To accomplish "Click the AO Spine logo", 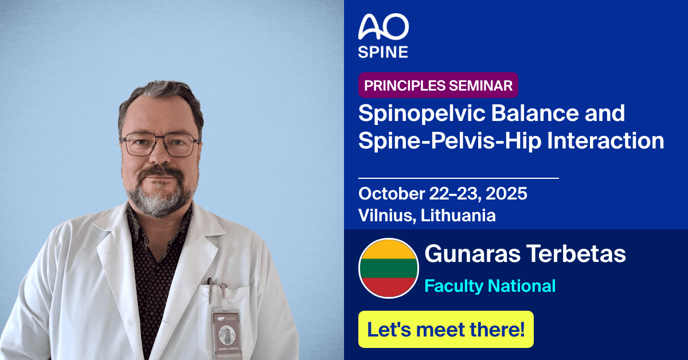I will [x=383, y=36].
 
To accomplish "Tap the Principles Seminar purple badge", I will [x=439, y=86].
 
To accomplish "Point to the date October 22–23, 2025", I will [x=443, y=194].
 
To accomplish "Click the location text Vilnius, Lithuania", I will [x=427, y=216].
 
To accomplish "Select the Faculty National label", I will [x=490, y=285].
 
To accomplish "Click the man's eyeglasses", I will [x=161, y=144].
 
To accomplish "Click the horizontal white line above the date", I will [x=458, y=178].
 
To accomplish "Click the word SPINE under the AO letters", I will [x=383, y=52].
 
